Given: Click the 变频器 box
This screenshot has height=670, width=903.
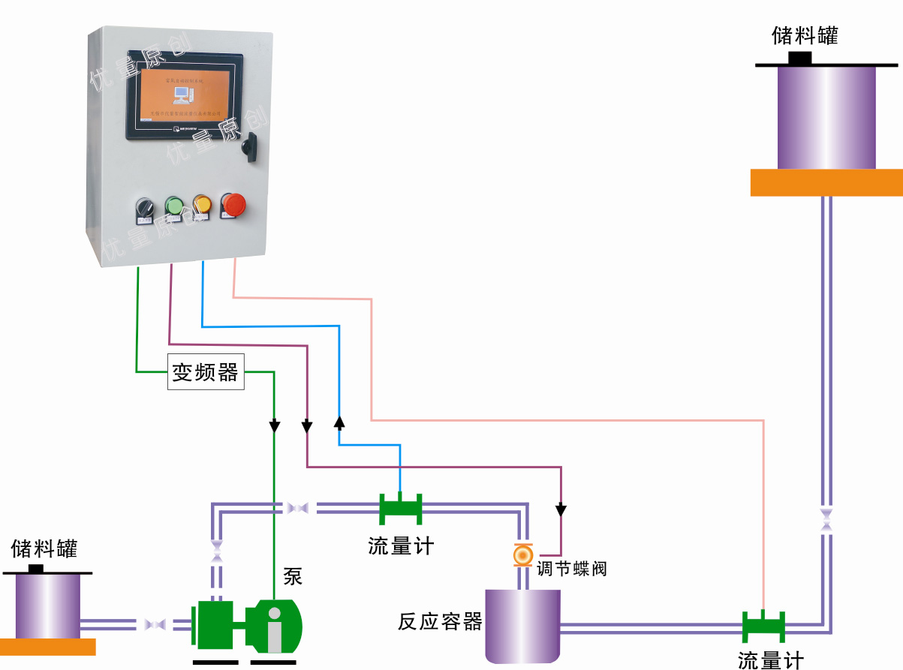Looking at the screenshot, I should (x=205, y=372).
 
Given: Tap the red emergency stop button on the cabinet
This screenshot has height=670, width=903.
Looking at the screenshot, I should (x=233, y=203).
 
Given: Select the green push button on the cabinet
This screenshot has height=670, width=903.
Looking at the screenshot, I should (x=174, y=206).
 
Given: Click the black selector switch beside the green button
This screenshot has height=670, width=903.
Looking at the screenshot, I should (x=143, y=208).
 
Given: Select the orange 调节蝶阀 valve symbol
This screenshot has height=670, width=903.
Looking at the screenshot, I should (x=522, y=554).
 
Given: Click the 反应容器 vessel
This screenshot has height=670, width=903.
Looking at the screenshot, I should (x=522, y=625).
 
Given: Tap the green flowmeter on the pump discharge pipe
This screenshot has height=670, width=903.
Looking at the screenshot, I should (x=400, y=509).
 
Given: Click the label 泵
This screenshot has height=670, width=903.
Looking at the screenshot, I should (x=292, y=576).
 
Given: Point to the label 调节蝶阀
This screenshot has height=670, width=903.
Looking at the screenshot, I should (x=571, y=569).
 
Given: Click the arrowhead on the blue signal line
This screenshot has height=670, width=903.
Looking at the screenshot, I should (x=339, y=422).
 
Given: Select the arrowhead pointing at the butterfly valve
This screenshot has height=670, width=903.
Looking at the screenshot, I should (x=561, y=511).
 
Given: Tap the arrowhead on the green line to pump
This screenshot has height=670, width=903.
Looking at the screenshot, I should (x=275, y=426).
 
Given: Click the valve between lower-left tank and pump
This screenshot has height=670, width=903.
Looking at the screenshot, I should (x=155, y=624).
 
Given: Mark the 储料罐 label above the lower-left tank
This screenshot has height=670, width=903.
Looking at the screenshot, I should (x=44, y=548).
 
